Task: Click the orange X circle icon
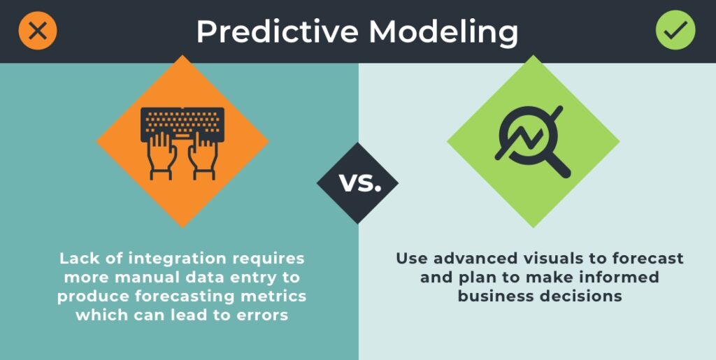(x=38, y=31)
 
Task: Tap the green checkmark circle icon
(x=675, y=31)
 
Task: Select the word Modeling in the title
(x=443, y=33)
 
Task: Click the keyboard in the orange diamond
(x=182, y=124)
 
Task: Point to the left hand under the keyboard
(x=159, y=156)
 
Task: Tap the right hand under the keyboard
(x=203, y=156)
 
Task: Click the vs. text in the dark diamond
(x=360, y=182)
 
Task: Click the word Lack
(x=76, y=258)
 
